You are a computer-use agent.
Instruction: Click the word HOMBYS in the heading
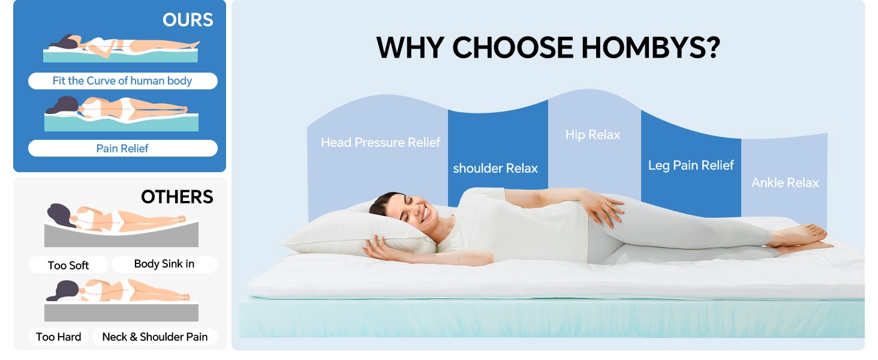click(651, 47)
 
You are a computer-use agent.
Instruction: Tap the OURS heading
click(188, 20)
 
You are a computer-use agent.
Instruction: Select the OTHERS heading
click(177, 197)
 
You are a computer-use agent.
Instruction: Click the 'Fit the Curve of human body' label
click(122, 81)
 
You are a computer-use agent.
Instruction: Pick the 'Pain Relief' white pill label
click(122, 148)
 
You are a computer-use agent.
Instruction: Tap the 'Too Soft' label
click(68, 265)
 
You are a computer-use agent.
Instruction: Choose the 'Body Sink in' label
click(164, 264)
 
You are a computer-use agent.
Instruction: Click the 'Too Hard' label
click(58, 337)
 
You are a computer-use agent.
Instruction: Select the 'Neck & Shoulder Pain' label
click(155, 337)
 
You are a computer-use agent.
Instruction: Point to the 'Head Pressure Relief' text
click(380, 142)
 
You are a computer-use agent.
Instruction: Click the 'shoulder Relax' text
click(495, 168)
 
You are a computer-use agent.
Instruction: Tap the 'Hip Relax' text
click(593, 135)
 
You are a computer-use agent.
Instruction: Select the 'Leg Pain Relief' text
click(691, 165)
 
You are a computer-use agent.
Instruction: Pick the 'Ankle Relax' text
click(785, 183)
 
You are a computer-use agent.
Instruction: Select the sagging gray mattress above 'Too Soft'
click(122, 235)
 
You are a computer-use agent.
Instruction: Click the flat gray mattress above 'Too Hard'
click(122, 313)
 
